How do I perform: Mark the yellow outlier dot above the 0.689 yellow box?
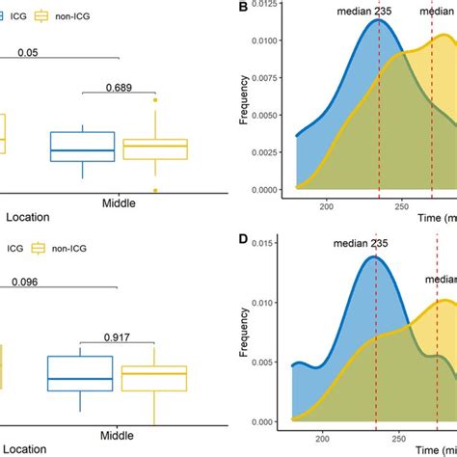(154, 99)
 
